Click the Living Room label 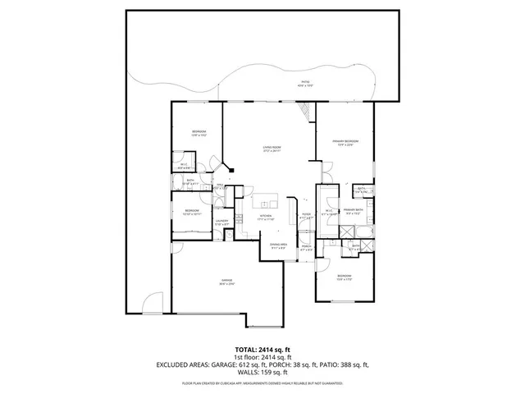point(272,149)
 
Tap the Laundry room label point(221,222)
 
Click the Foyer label point(305,216)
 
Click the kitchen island point(267,204)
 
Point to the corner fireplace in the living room point(231,172)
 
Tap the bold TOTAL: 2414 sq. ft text point(262,349)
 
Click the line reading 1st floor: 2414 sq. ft point(262,357)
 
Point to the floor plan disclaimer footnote point(262,383)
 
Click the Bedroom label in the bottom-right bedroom point(343,277)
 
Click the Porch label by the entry point(306,247)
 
